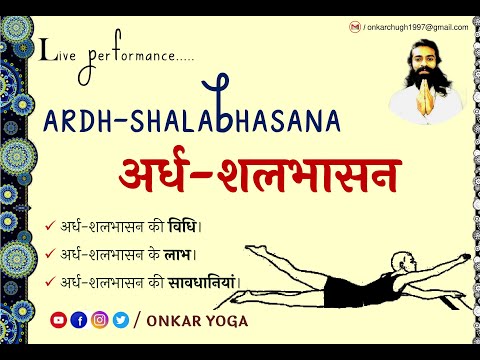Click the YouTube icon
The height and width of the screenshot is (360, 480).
[58, 320]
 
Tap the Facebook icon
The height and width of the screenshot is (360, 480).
[79, 320]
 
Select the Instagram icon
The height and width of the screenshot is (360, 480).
[100, 320]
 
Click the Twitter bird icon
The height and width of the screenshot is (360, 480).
[120, 320]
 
